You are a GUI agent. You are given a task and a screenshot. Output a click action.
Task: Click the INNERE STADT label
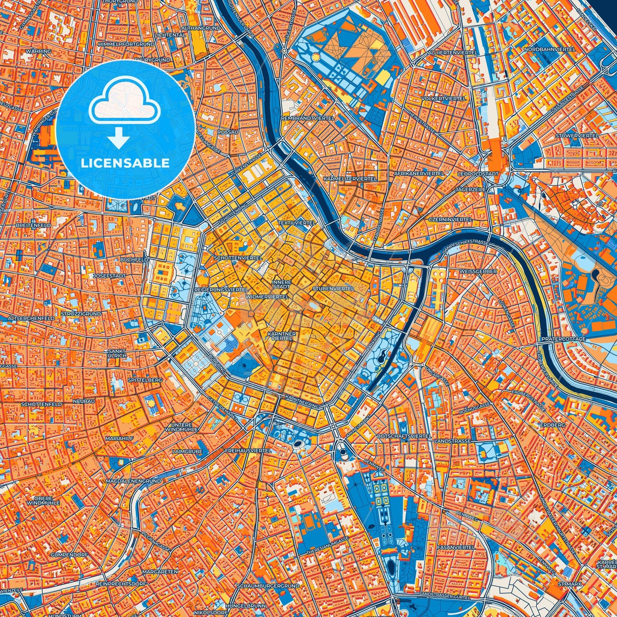[282, 284]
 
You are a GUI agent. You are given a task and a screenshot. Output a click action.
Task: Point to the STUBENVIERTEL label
[333, 289]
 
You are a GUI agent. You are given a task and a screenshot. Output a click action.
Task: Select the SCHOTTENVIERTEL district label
[238, 258]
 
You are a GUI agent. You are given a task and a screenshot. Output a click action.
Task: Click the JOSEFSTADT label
[109, 276]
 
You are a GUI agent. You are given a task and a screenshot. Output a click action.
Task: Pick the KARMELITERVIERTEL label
[350, 179]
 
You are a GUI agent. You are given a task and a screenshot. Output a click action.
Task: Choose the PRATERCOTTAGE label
[564, 339]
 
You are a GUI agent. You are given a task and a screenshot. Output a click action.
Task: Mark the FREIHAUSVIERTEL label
[248, 450]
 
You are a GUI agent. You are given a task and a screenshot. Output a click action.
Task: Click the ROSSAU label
[228, 132]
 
